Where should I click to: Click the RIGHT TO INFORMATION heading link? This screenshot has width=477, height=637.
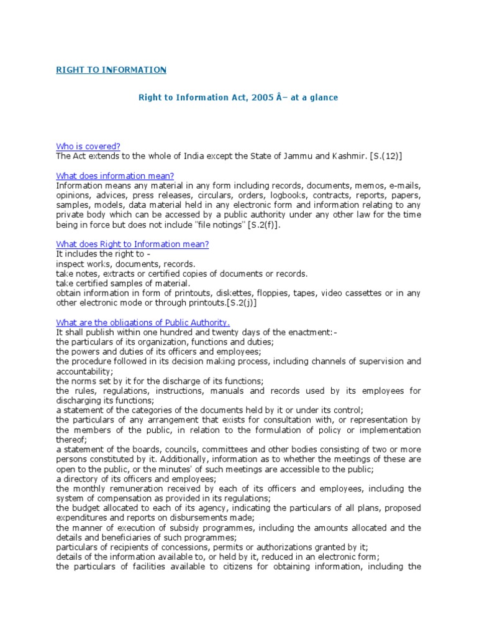(x=111, y=70)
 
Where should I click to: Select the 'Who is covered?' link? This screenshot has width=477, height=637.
(x=88, y=147)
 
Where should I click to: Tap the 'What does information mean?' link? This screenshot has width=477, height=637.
(x=115, y=176)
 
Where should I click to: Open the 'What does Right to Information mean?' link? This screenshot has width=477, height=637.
(x=132, y=244)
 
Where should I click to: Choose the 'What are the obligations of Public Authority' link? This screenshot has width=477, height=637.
(x=143, y=322)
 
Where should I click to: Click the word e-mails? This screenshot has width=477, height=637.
(x=404, y=185)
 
